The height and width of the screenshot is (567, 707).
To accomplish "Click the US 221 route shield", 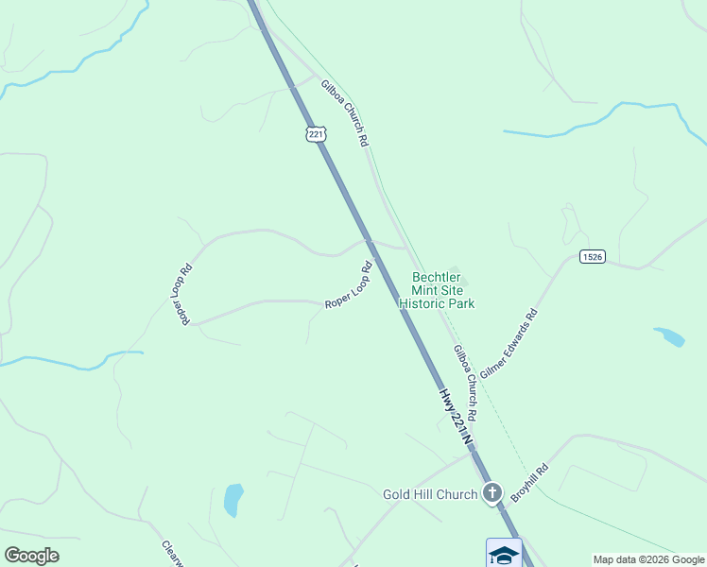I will pos(317,134).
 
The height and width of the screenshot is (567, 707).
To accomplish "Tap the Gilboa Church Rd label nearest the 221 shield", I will pos(344,112).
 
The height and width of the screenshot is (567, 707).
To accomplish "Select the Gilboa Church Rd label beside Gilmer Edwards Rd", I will pos(464,383).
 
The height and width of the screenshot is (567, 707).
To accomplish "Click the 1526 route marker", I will pos(592,256).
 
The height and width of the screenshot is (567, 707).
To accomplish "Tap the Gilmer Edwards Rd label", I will pos(509,344).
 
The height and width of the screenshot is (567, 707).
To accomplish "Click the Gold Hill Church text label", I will pos(430,494).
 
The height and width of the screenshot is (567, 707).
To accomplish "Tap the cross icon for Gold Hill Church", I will pos(491,492).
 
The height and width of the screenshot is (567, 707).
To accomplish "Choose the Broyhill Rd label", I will pos(530,482).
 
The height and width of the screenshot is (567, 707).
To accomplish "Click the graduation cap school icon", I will pos(504,554).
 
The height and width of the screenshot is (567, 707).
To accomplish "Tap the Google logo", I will pos(31,556).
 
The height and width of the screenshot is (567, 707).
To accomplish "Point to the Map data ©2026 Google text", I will pos(649,559).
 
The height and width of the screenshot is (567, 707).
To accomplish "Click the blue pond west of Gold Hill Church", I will pos(233,499).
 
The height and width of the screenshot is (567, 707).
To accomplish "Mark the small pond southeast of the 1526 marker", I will pos(669,336).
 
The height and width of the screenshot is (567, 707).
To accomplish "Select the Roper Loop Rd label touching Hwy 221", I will pos(349,285).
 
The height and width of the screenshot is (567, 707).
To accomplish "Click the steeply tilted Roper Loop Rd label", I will pos(181,294).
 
